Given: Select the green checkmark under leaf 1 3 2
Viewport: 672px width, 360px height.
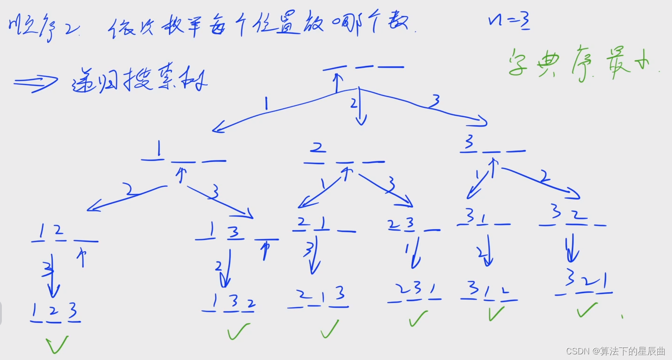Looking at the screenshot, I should click(238, 332).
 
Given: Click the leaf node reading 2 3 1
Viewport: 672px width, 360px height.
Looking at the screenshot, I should click(414, 294).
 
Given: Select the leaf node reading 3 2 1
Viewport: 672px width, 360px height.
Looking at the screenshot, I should click(584, 286).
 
